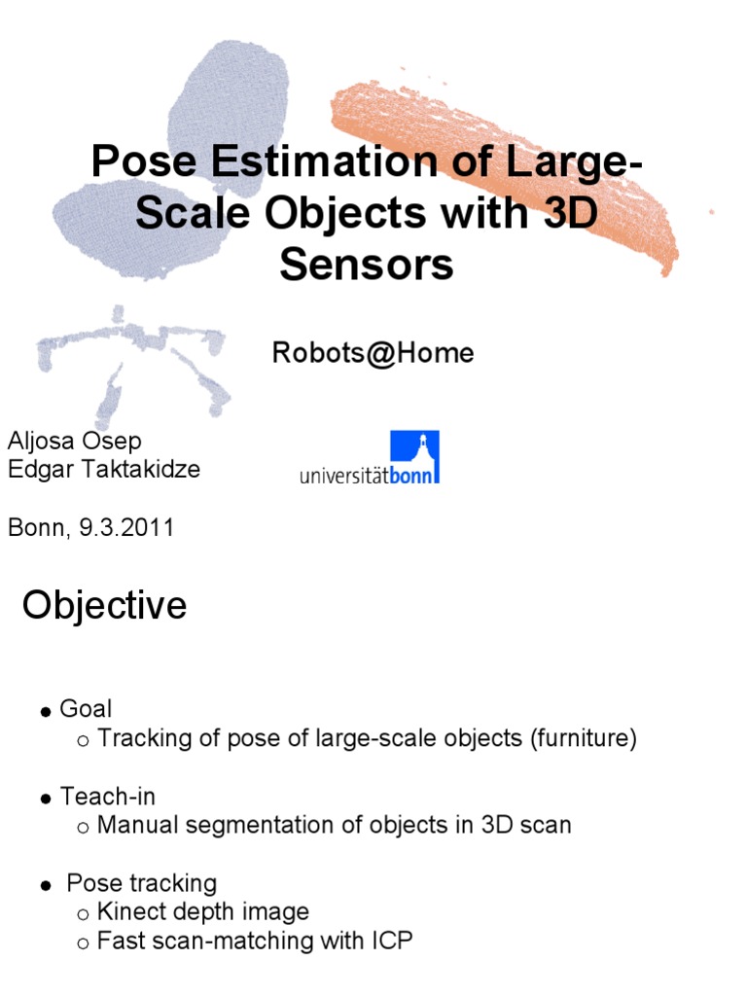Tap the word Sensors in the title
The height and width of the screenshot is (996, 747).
(x=366, y=264)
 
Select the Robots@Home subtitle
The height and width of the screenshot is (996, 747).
(x=373, y=353)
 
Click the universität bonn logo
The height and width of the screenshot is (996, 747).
(x=370, y=458)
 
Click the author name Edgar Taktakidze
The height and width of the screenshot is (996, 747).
(x=104, y=470)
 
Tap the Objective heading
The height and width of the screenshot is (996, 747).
(x=104, y=606)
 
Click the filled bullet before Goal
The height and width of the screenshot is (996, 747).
(x=46, y=713)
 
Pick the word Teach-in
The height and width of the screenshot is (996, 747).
(x=108, y=797)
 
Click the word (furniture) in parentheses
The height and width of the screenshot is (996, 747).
(x=584, y=739)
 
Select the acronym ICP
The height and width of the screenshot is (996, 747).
(x=393, y=942)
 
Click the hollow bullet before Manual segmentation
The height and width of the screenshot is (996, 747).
(x=83, y=828)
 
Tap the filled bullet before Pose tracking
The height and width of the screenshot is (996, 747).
(x=46, y=886)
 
